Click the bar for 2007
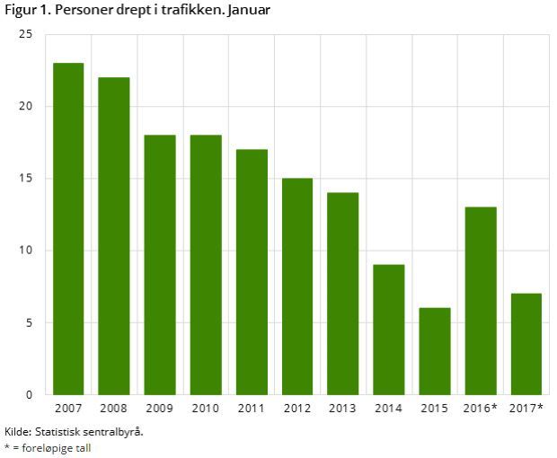pyautogui.click(x=67, y=229)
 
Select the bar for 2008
pyautogui.click(x=113, y=235)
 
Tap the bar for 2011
pyautogui.click(x=252, y=271)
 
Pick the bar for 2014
pyautogui.click(x=389, y=330)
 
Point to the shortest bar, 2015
pyautogui.click(x=435, y=351)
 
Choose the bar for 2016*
pyautogui.click(x=481, y=301)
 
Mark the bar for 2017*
pyautogui.click(x=526, y=344)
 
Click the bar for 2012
pyautogui.click(x=297, y=286)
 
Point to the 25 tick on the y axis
pyautogui.click(x=25, y=34)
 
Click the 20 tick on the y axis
pyautogui.click(x=25, y=107)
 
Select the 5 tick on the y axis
pyautogui.click(x=29, y=322)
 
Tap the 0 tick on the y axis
pyautogui.click(x=29, y=394)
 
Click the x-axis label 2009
pyautogui.click(x=159, y=410)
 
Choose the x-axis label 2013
pyautogui.click(x=343, y=410)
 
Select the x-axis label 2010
pyautogui.click(x=205, y=410)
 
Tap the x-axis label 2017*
pyautogui.click(x=526, y=410)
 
